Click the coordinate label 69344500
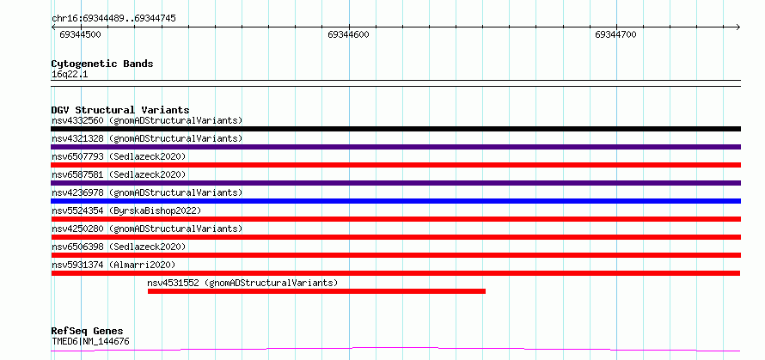click(80, 34)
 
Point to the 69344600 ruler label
click(348, 34)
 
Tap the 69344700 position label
click(615, 34)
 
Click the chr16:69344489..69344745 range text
click(113, 19)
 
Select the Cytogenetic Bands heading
click(102, 64)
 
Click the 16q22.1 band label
click(70, 75)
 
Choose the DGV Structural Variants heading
click(120, 110)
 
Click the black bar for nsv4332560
click(395, 129)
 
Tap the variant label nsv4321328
click(77, 138)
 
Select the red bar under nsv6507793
click(395, 165)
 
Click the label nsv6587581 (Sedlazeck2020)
click(119, 174)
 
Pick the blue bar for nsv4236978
click(395, 201)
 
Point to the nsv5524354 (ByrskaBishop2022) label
click(126, 211)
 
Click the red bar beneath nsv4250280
click(395, 237)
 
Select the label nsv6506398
click(77, 247)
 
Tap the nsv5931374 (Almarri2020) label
click(113, 265)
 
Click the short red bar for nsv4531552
click(316, 291)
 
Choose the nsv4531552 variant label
click(173, 283)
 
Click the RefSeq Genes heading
click(88, 332)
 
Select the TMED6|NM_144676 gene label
click(91, 341)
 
